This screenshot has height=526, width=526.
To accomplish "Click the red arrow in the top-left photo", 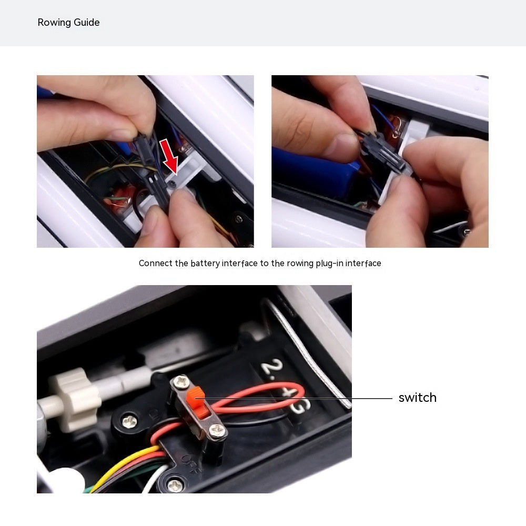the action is click(x=169, y=157).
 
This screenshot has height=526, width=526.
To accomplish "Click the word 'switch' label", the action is click(x=417, y=398).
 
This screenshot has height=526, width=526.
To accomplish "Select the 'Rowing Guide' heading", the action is click(x=68, y=23).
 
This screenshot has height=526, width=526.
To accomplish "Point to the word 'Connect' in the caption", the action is click(x=156, y=264).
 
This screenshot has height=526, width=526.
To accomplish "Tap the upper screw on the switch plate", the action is click(x=181, y=381).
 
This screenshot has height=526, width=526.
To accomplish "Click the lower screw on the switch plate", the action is click(x=217, y=430).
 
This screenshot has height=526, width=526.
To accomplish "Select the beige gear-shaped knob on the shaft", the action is click(x=75, y=399).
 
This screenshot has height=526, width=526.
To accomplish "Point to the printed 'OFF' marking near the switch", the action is click(x=192, y=464).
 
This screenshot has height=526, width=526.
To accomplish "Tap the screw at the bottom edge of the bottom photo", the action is click(x=175, y=485).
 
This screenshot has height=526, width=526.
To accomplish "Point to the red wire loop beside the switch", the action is click(x=258, y=398).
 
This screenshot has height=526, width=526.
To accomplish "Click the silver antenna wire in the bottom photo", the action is click(x=309, y=352).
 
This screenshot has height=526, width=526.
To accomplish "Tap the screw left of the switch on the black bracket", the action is click(x=129, y=421).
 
